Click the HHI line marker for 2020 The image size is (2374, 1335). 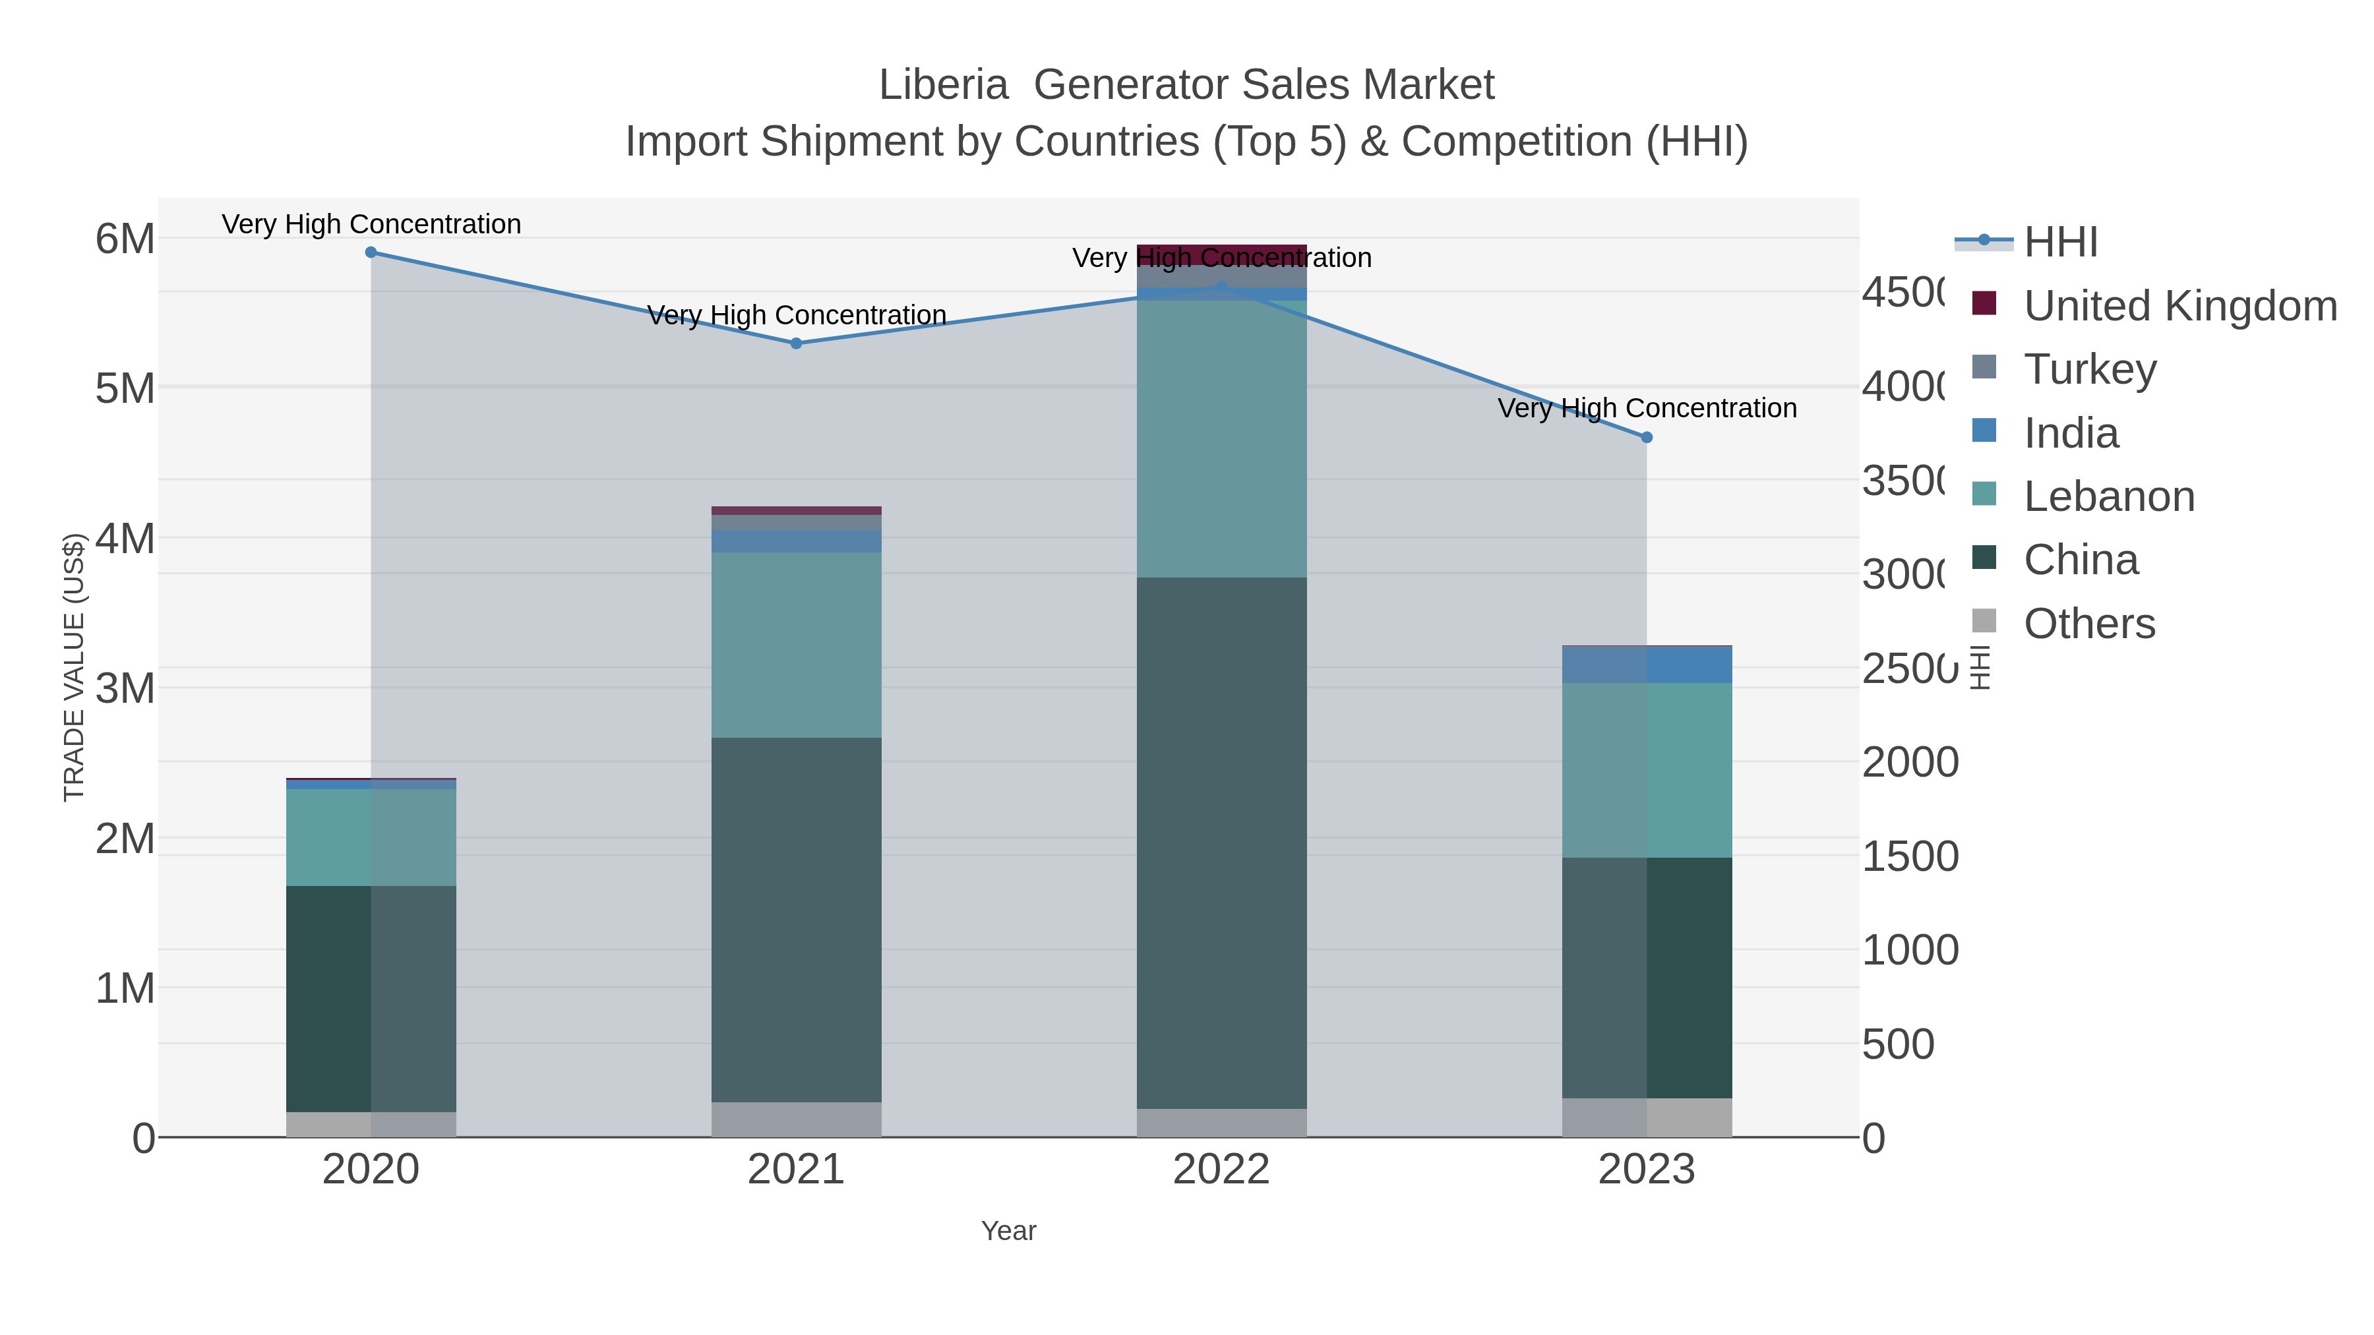pos(371,252)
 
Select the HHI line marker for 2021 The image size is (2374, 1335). pos(796,343)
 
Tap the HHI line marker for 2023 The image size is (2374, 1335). pos(1647,438)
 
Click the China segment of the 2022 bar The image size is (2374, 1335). pos(1221,843)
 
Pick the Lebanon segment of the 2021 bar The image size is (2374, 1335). pos(796,645)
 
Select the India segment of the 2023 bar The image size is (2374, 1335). pos(1647,665)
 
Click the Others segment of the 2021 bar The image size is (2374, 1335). pos(796,1119)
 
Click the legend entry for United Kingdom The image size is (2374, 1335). pos(2179,306)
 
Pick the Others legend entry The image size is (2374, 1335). pos(2088,624)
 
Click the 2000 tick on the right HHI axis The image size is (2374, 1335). pos(1910,763)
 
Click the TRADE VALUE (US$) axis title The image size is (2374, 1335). pos(74,667)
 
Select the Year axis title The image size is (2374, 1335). pos(1008,1231)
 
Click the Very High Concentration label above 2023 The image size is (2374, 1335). pos(1647,408)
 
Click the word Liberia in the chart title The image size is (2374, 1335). pos(943,85)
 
